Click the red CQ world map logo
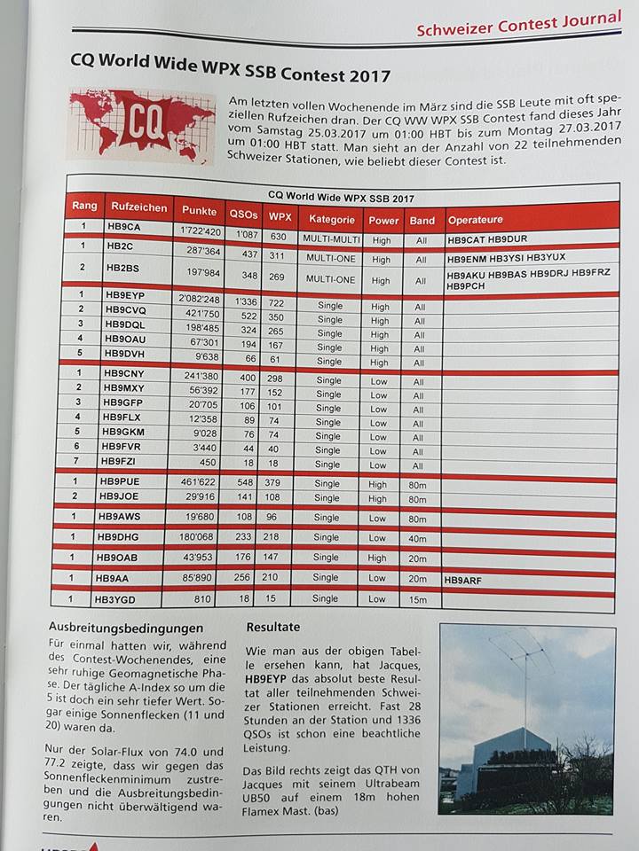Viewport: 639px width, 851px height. pyautogui.click(x=140, y=125)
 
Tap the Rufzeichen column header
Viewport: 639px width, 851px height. pyautogui.click(x=138, y=208)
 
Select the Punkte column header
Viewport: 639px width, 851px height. pyautogui.click(x=199, y=211)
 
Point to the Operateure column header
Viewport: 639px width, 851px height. pyautogui.click(x=476, y=220)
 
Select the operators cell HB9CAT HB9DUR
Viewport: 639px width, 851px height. pyautogui.click(x=487, y=239)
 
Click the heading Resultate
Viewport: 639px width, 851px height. pyautogui.click(x=273, y=627)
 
